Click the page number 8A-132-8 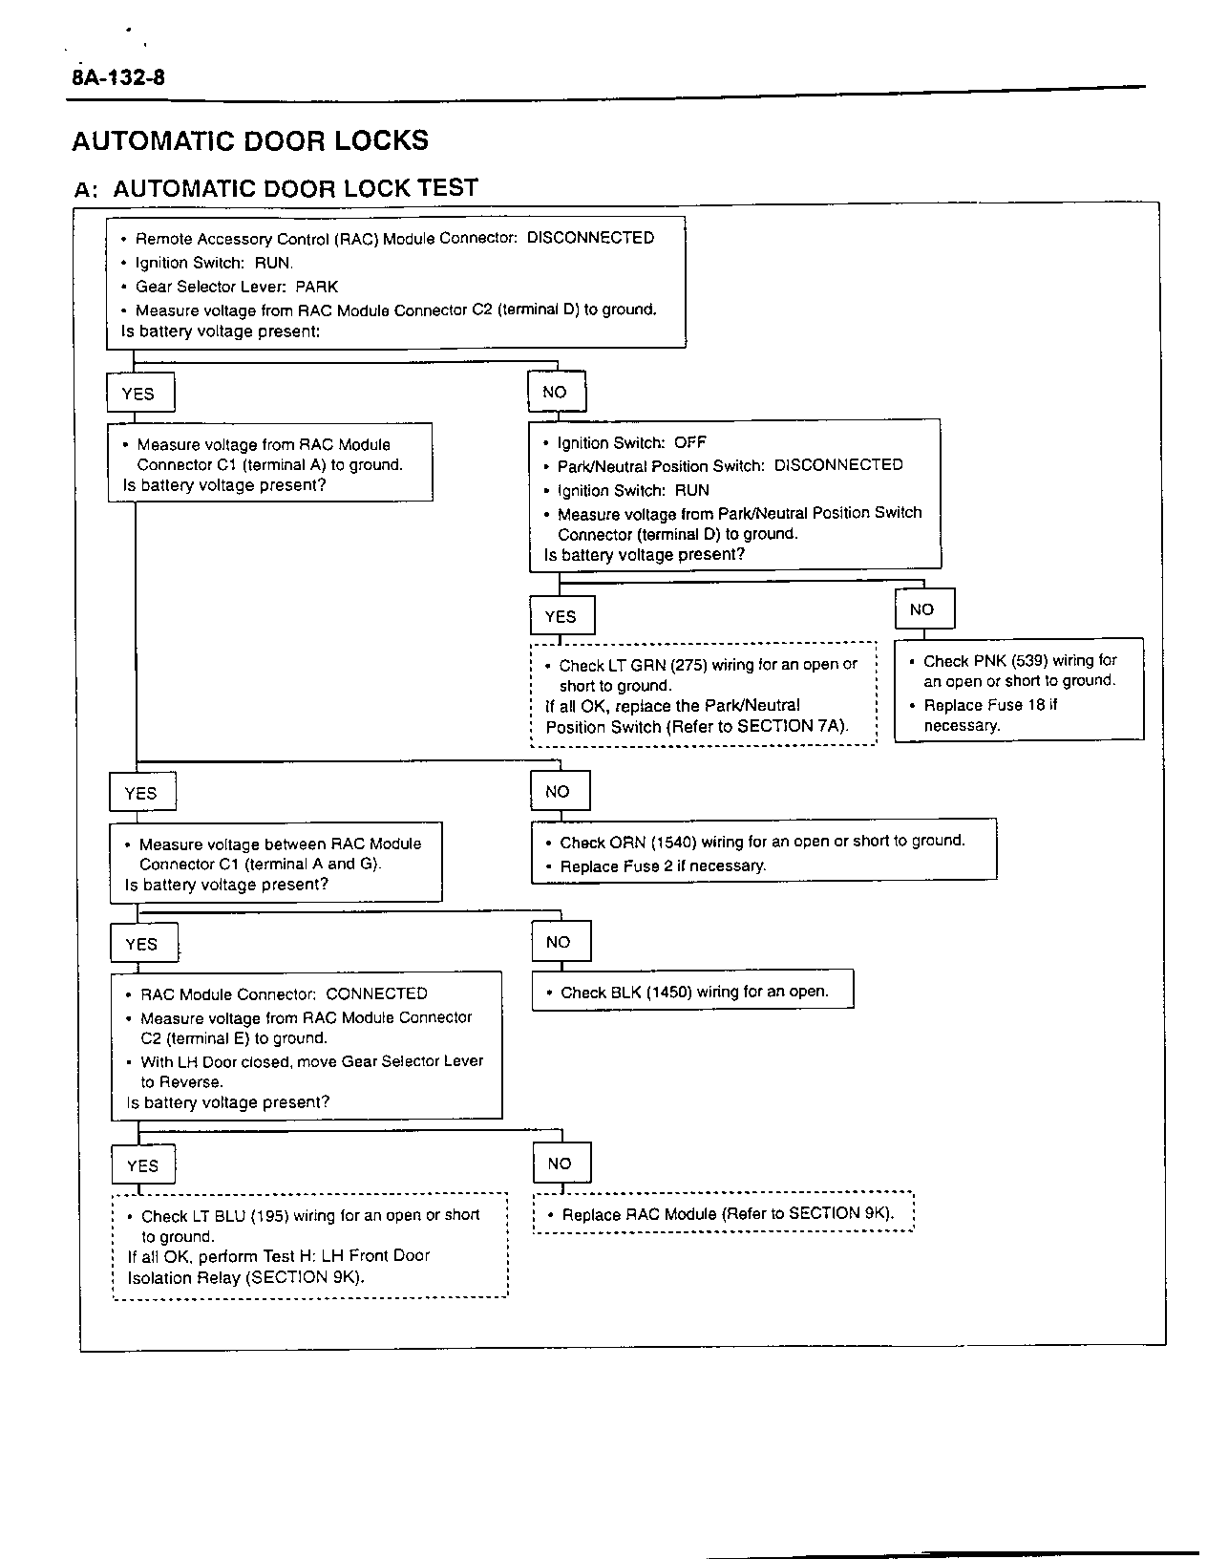click(x=117, y=77)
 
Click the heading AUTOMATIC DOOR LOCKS click(x=250, y=141)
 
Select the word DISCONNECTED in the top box click(x=590, y=238)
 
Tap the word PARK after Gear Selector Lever click(x=316, y=287)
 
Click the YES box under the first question click(x=138, y=394)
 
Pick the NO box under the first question click(x=555, y=392)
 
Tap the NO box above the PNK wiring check click(x=922, y=609)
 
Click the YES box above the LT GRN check click(x=561, y=616)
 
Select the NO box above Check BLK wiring click(x=559, y=942)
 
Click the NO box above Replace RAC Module click(x=560, y=1164)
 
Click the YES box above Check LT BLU click(x=142, y=1165)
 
